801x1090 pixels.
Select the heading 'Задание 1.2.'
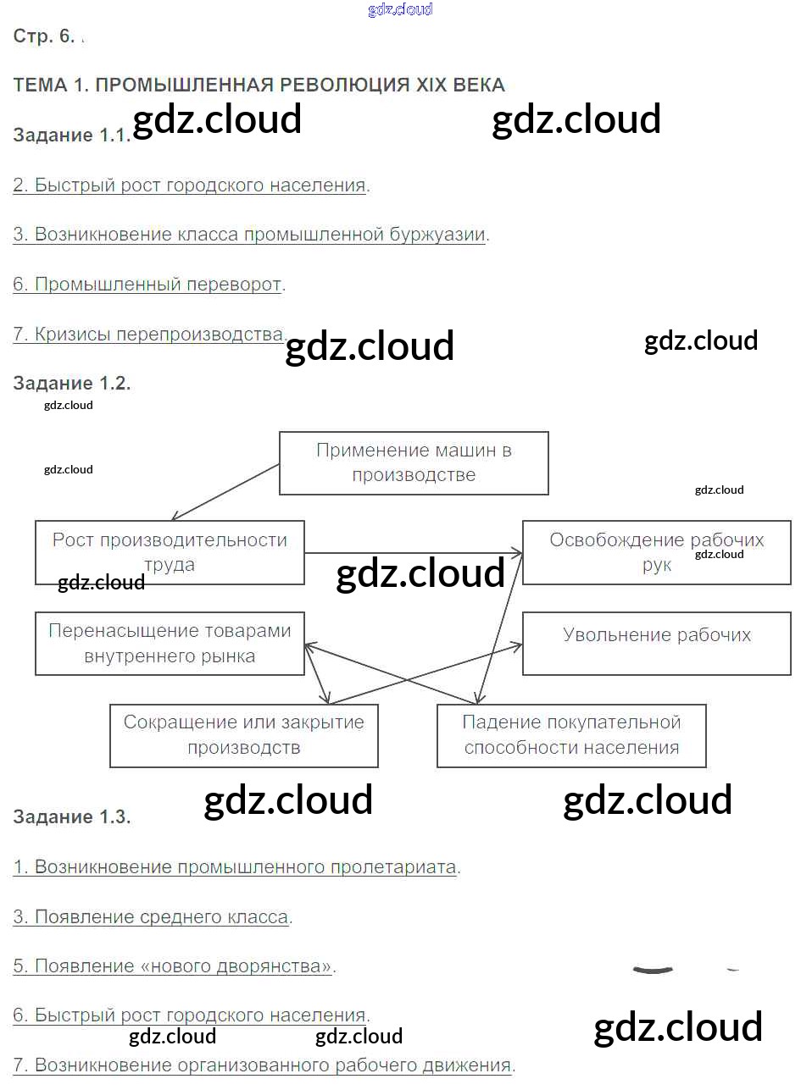click(x=71, y=383)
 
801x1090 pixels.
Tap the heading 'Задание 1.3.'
click(x=71, y=816)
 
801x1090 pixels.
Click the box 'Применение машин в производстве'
click(x=414, y=463)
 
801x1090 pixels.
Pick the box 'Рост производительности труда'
click(x=170, y=552)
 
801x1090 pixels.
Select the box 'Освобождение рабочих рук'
click(x=656, y=552)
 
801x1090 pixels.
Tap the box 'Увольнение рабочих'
click(x=656, y=644)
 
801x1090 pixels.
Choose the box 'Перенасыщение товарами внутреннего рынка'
click(x=170, y=644)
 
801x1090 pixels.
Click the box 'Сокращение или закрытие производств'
click(x=244, y=735)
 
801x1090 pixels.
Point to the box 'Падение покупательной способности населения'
click(x=571, y=735)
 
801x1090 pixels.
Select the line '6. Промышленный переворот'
click(x=147, y=285)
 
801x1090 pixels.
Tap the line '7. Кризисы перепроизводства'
click(x=149, y=334)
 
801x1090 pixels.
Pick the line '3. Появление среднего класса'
click(x=151, y=917)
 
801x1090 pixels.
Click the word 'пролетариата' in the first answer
click(x=393, y=867)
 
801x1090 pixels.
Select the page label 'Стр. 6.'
click(x=44, y=36)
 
